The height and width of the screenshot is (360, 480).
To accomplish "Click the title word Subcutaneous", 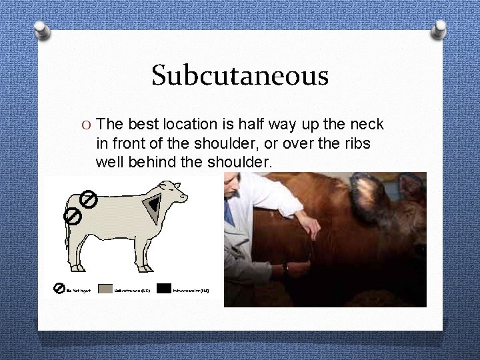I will click(240, 75).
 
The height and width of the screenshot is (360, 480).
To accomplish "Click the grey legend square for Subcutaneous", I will click(105, 289).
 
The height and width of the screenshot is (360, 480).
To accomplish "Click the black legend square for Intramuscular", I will click(164, 289).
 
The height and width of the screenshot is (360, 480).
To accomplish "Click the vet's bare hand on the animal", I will click(313, 220).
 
